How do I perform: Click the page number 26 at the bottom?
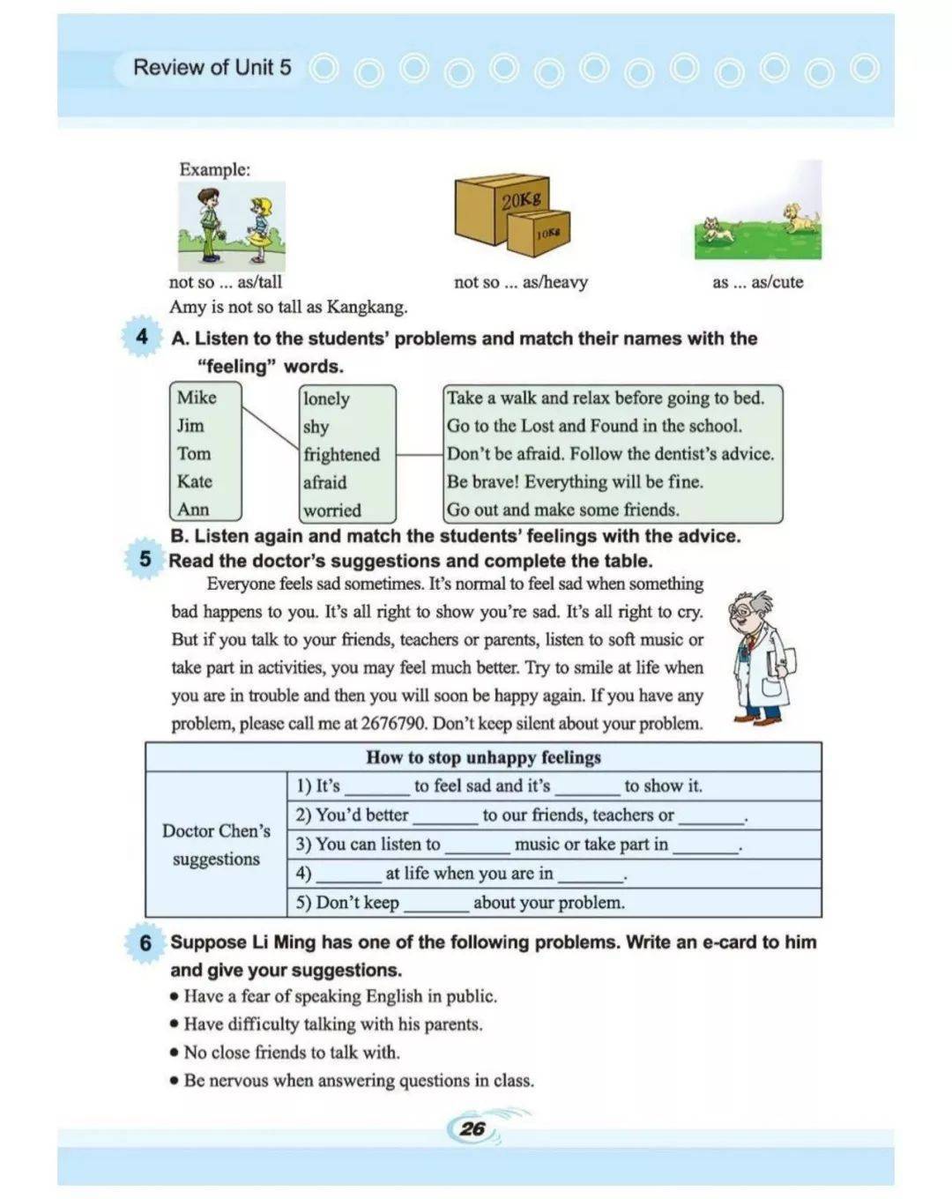click(x=472, y=1128)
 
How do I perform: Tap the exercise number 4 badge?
click(x=142, y=337)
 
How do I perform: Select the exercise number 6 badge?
click(x=145, y=942)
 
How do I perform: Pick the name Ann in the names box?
click(x=193, y=510)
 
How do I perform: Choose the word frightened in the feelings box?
click(x=341, y=455)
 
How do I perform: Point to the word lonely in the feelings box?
click(x=326, y=398)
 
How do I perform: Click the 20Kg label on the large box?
click(x=521, y=200)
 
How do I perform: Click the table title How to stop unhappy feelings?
click(x=483, y=757)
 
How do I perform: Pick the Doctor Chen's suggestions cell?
click(x=216, y=845)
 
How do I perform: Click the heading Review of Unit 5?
click(x=212, y=67)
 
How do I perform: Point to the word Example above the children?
click(x=214, y=169)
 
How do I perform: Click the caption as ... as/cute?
click(x=757, y=282)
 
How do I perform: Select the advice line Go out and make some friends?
click(x=562, y=510)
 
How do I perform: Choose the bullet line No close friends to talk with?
click(x=291, y=1053)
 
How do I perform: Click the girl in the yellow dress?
click(x=260, y=228)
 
